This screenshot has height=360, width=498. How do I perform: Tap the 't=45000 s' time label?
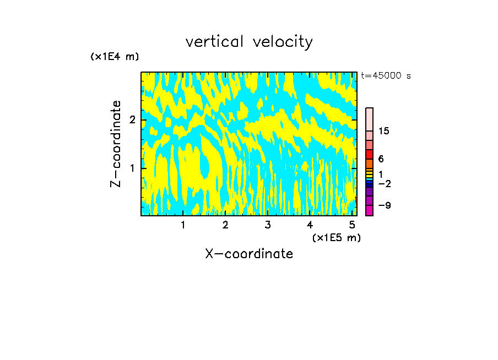[386, 76]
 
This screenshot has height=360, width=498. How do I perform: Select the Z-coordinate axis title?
[116, 144]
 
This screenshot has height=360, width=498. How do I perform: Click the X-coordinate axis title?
[249, 254]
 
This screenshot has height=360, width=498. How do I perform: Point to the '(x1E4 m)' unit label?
[115, 57]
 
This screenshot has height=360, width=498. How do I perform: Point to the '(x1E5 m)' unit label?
[336, 237]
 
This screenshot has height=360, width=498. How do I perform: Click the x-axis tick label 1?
[183, 225]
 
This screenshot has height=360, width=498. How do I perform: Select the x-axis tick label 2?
[225, 225]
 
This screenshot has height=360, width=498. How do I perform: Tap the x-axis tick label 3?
[268, 225]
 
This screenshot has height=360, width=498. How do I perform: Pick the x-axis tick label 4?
[310, 225]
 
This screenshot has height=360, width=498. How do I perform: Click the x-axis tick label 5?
[352, 225]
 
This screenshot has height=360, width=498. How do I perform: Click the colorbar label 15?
[384, 131]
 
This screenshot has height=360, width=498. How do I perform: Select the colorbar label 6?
[381, 159]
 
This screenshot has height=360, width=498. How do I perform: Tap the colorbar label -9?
[385, 205]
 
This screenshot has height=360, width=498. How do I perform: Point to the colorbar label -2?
[385, 183]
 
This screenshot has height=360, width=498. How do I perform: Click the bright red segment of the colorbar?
[369, 154]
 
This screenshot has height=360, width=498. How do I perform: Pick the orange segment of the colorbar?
[369, 163]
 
